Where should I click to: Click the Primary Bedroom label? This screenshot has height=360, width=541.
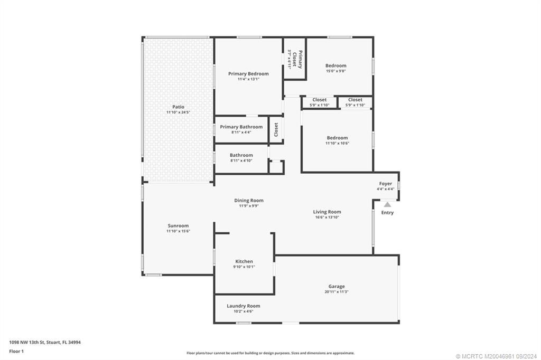248,74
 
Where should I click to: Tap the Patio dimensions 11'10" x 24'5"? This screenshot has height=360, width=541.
178,112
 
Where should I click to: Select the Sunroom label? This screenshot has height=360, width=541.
178,226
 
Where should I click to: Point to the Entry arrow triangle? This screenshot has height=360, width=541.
387,205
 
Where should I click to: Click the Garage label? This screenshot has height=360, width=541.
337,287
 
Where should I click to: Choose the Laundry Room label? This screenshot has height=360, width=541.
243,306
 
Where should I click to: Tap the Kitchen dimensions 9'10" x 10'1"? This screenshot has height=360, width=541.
244,267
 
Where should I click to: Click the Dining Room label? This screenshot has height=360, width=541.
249,201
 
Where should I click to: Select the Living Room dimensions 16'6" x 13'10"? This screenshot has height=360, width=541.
327,217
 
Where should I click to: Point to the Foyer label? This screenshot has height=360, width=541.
386,184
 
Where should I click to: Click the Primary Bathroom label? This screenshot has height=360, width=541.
241,127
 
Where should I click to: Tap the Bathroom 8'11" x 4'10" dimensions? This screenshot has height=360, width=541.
241,160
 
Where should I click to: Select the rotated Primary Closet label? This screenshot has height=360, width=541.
300,59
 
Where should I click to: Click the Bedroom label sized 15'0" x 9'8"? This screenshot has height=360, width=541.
336,66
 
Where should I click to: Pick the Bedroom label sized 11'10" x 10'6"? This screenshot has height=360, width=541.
337,138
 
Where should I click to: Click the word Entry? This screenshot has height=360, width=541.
387,213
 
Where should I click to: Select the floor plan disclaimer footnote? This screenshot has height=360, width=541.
270,353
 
